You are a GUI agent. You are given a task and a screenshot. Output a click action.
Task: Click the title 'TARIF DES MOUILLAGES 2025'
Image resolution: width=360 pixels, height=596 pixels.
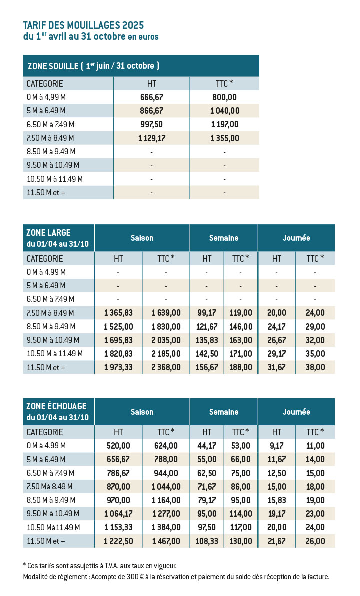click(83, 25)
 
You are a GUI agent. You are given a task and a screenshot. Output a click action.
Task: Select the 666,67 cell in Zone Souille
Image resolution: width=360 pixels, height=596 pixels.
click(151, 97)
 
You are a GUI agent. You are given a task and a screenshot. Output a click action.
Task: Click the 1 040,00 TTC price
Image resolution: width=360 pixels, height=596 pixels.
click(225, 111)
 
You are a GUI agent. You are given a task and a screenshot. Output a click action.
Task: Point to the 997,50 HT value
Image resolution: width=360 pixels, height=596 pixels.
click(151, 124)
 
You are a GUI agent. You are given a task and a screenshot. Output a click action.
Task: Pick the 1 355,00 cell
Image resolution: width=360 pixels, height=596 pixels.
click(225, 138)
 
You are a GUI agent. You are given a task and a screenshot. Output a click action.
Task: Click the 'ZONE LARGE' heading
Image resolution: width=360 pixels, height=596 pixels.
click(48, 233)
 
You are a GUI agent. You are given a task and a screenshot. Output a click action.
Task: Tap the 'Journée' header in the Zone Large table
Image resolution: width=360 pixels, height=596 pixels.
click(296, 238)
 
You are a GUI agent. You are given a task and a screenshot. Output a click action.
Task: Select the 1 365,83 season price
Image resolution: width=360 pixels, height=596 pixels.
click(118, 313)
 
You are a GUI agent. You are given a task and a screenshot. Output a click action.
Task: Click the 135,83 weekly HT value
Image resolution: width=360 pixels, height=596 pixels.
click(207, 340)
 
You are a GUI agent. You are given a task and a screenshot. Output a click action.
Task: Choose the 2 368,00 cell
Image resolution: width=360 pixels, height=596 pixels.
click(166, 367)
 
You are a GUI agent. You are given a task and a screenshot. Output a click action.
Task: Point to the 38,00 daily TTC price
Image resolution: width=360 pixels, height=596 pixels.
click(315, 367)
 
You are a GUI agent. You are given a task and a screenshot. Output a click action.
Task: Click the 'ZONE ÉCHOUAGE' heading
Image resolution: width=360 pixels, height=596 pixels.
click(56, 406)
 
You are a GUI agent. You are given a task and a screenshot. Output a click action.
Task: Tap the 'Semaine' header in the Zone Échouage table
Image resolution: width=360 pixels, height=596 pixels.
click(224, 412)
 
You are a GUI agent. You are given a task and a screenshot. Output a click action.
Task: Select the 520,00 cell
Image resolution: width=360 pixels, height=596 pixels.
click(118, 446)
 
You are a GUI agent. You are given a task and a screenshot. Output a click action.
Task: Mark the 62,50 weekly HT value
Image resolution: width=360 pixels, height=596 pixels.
click(207, 473)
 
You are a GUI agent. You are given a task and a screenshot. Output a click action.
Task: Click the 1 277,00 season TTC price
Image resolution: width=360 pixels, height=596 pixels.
click(166, 514)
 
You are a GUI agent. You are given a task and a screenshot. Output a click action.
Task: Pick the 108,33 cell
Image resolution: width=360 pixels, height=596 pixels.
click(207, 541)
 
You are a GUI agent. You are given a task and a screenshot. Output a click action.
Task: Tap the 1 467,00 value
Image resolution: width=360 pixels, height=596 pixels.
click(166, 541)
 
